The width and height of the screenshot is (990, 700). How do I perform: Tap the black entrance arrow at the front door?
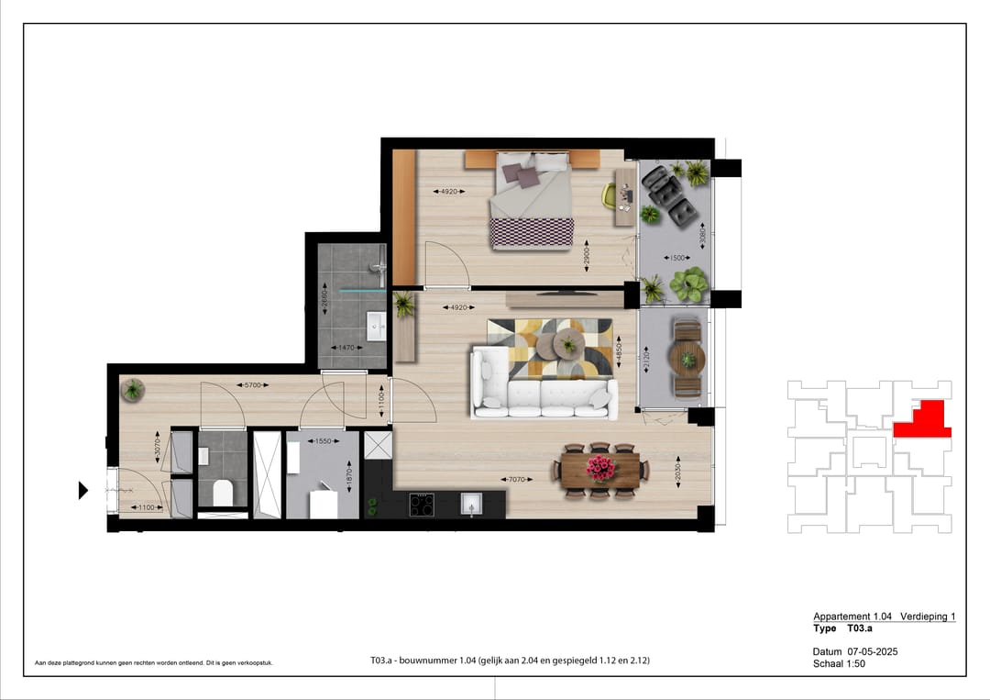[x=83, y=491]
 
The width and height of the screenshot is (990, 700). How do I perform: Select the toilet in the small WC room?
[x=223, y=493]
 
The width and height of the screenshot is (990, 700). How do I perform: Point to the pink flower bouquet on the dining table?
[x=600, y=468]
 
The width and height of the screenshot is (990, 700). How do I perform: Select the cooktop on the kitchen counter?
[x=422, y=504]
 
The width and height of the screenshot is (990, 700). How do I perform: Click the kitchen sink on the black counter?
[x=470, y=503]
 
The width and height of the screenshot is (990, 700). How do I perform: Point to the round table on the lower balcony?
[x=687, y=358]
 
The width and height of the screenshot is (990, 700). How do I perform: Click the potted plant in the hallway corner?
[x=134, y=390]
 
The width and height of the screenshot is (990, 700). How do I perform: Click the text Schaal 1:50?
[x=839, y=663]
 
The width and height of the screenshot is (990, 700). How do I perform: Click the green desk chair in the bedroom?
[x=610, y=194]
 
